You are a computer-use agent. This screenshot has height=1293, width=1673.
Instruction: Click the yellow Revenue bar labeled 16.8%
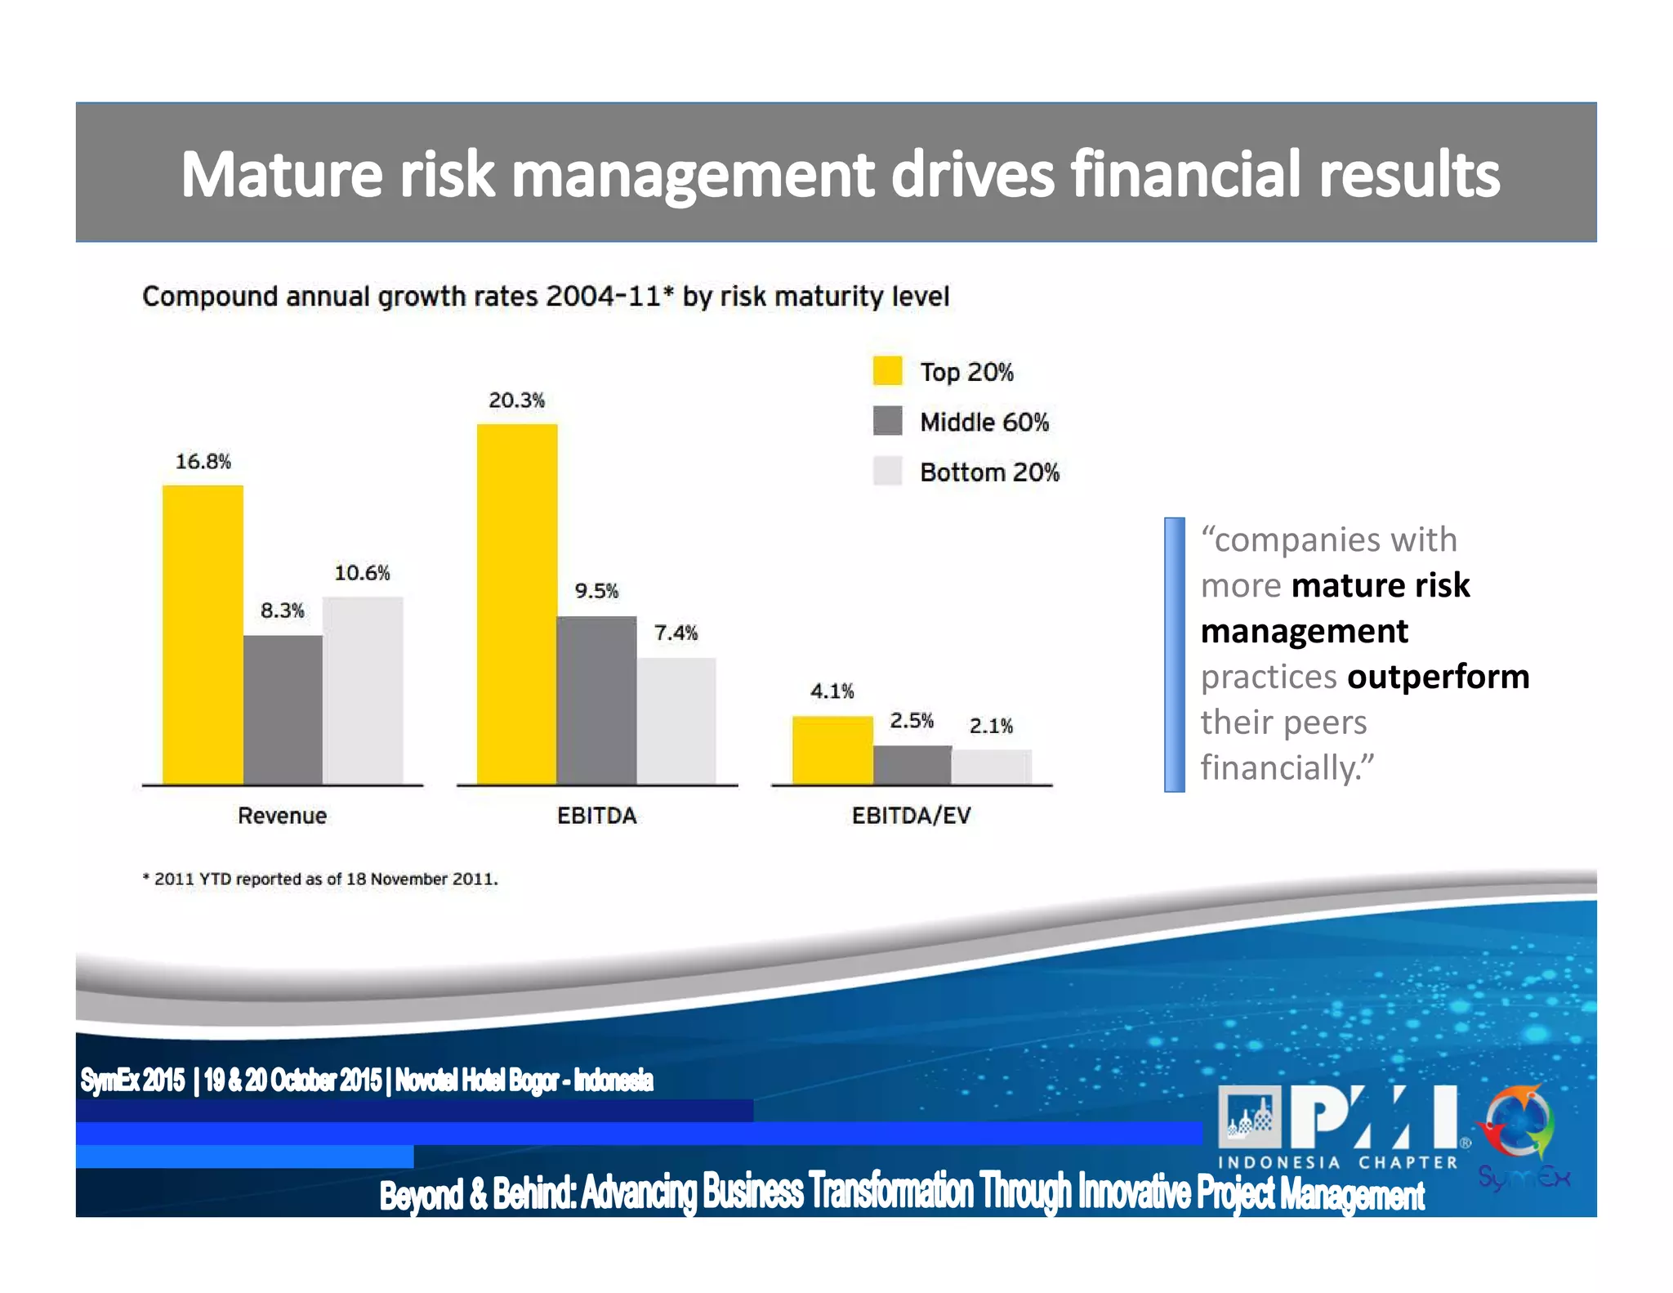[x=203, y=634]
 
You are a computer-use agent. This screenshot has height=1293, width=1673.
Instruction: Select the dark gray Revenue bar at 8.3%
[x=283, y=709]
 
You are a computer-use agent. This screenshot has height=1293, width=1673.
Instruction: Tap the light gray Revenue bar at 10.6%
[x=363, y=691]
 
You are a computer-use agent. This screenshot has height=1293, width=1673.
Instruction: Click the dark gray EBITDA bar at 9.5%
[x=596, y=700]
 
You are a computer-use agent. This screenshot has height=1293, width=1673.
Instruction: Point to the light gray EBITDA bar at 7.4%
[x=676, y=721]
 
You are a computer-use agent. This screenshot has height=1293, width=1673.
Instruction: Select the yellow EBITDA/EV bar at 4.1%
[x=832, y=749]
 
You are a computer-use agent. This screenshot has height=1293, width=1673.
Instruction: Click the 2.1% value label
[x=991, y=726]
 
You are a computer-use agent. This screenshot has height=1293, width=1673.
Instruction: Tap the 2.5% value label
[x=912, y=721]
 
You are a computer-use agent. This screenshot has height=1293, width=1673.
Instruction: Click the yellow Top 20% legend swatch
[x=887, y=371]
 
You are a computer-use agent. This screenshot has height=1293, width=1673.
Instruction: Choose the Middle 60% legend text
[x=984, y=423]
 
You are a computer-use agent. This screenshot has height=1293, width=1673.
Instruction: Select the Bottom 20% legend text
[x=989, y=472]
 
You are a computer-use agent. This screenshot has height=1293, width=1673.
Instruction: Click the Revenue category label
[x=282, y=816]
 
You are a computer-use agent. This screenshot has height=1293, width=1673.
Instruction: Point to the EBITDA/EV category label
[x=911, y=816]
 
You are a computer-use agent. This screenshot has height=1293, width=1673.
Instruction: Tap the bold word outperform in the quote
[x=1438, y=677]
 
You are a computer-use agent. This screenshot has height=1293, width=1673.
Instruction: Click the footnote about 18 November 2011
[x=320, y=879]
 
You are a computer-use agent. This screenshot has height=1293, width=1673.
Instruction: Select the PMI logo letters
[x=1374, y=1116]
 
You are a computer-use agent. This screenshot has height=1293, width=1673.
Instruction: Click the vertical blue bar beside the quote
[x=1174, y=654]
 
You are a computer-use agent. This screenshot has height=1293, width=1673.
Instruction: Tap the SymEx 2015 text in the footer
[x=132, y=1080]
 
